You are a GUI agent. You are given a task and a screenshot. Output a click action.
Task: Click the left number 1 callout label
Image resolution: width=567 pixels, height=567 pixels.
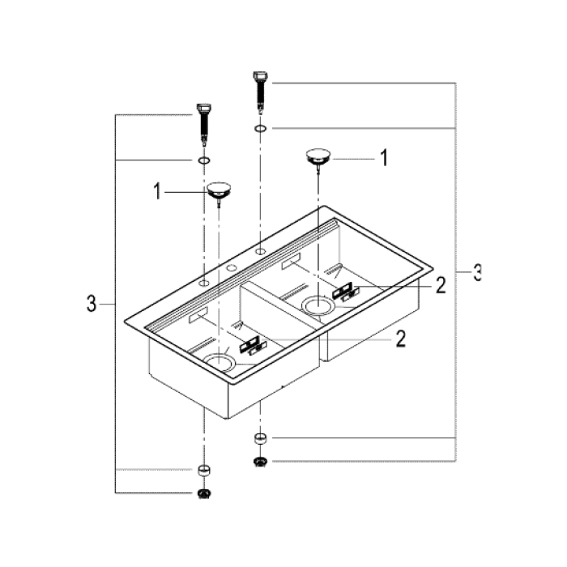pos(158,192)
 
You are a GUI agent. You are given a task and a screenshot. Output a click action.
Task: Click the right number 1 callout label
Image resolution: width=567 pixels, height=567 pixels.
pos(384,158)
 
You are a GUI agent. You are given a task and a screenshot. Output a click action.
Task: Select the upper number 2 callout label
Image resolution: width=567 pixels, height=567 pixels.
pos(440,285)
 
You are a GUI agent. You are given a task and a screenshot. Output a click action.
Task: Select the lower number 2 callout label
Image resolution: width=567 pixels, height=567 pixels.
pos(399,339)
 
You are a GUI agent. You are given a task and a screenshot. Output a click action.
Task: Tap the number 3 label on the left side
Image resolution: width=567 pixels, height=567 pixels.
pos(91,305)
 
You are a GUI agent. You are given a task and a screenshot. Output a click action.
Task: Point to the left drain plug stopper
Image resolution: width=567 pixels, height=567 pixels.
pos(218,192)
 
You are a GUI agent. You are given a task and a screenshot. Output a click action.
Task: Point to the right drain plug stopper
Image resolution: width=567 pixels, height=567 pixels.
pos(318,156)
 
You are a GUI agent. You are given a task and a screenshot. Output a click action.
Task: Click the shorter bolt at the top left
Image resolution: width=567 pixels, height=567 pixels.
pos(202,117)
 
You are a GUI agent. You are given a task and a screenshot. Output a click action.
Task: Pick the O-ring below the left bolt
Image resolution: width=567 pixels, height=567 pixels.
pos(203,161)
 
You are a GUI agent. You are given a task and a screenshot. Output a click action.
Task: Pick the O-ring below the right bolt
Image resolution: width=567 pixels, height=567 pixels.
pos(260,128)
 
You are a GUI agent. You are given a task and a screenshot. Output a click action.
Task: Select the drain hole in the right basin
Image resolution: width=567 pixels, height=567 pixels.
pos(318,305)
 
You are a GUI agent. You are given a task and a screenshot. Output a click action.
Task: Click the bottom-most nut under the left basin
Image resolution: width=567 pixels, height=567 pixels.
pos(203,493)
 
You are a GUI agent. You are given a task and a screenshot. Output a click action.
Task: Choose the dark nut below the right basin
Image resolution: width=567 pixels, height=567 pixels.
pos(260,462)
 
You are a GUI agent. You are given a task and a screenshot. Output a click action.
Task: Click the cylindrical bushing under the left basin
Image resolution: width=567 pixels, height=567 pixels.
pos(203,471)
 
